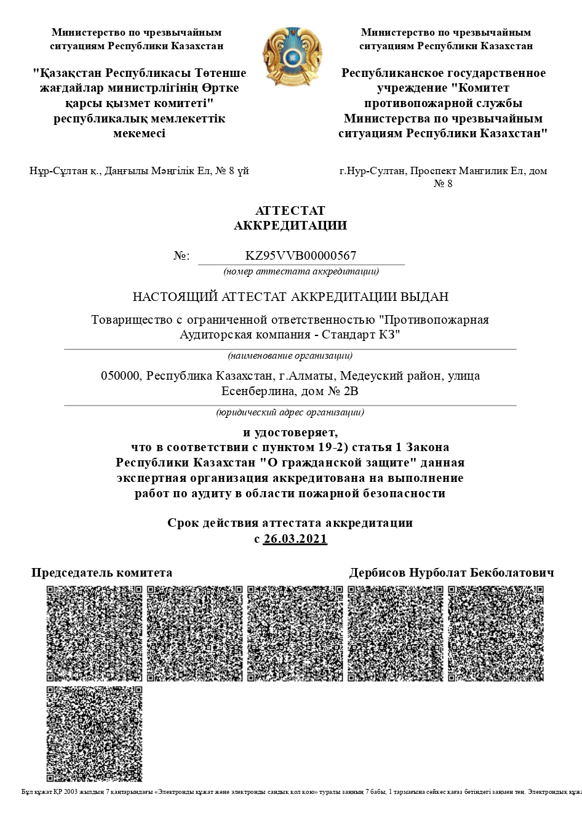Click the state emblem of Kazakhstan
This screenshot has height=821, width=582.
click(x=291, y=57)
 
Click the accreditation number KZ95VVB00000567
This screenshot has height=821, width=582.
click(x=301, y=256)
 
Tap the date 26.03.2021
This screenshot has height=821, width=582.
click(x=295, y=539)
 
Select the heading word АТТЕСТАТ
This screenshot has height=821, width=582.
click(x=290, y=211)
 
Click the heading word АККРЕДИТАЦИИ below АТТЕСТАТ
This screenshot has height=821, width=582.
click(x=290, y=225)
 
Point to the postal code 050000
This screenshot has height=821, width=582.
click(x=121, y=375)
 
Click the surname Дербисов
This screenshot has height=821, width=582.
click(x=377, y=573)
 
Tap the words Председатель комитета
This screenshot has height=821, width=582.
click(x=102, y=573)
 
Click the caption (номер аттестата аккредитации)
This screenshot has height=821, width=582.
click(x=301, y=271)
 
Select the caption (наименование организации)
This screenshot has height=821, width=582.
click(x=290, y=355)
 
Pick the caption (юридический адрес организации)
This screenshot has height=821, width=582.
click(x=290, y=412)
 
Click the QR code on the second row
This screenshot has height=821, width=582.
click(x=94, y=734)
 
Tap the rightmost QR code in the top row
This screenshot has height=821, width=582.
click(x=495, y=633)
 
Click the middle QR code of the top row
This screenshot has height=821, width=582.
click(x=295, y=633)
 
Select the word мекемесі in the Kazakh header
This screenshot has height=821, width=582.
click(x=140, y=134)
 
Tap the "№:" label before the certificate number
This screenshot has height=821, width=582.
click(x=181, y=256)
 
